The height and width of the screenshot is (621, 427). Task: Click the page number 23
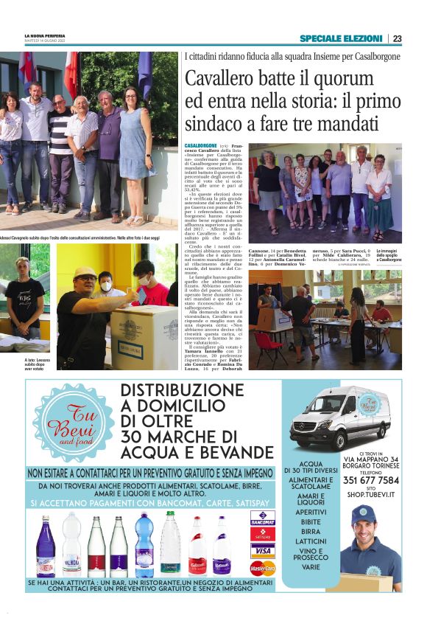(x=397, y=38)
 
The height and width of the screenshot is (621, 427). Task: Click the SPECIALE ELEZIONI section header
(x=341, y=38)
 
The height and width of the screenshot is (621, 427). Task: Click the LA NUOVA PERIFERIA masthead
(x=44, y=36)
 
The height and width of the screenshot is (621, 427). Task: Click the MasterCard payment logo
(x=262, y=567)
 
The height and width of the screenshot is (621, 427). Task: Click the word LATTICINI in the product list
(x=311, y=541)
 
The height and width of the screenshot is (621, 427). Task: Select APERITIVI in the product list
(x=311, y=511)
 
